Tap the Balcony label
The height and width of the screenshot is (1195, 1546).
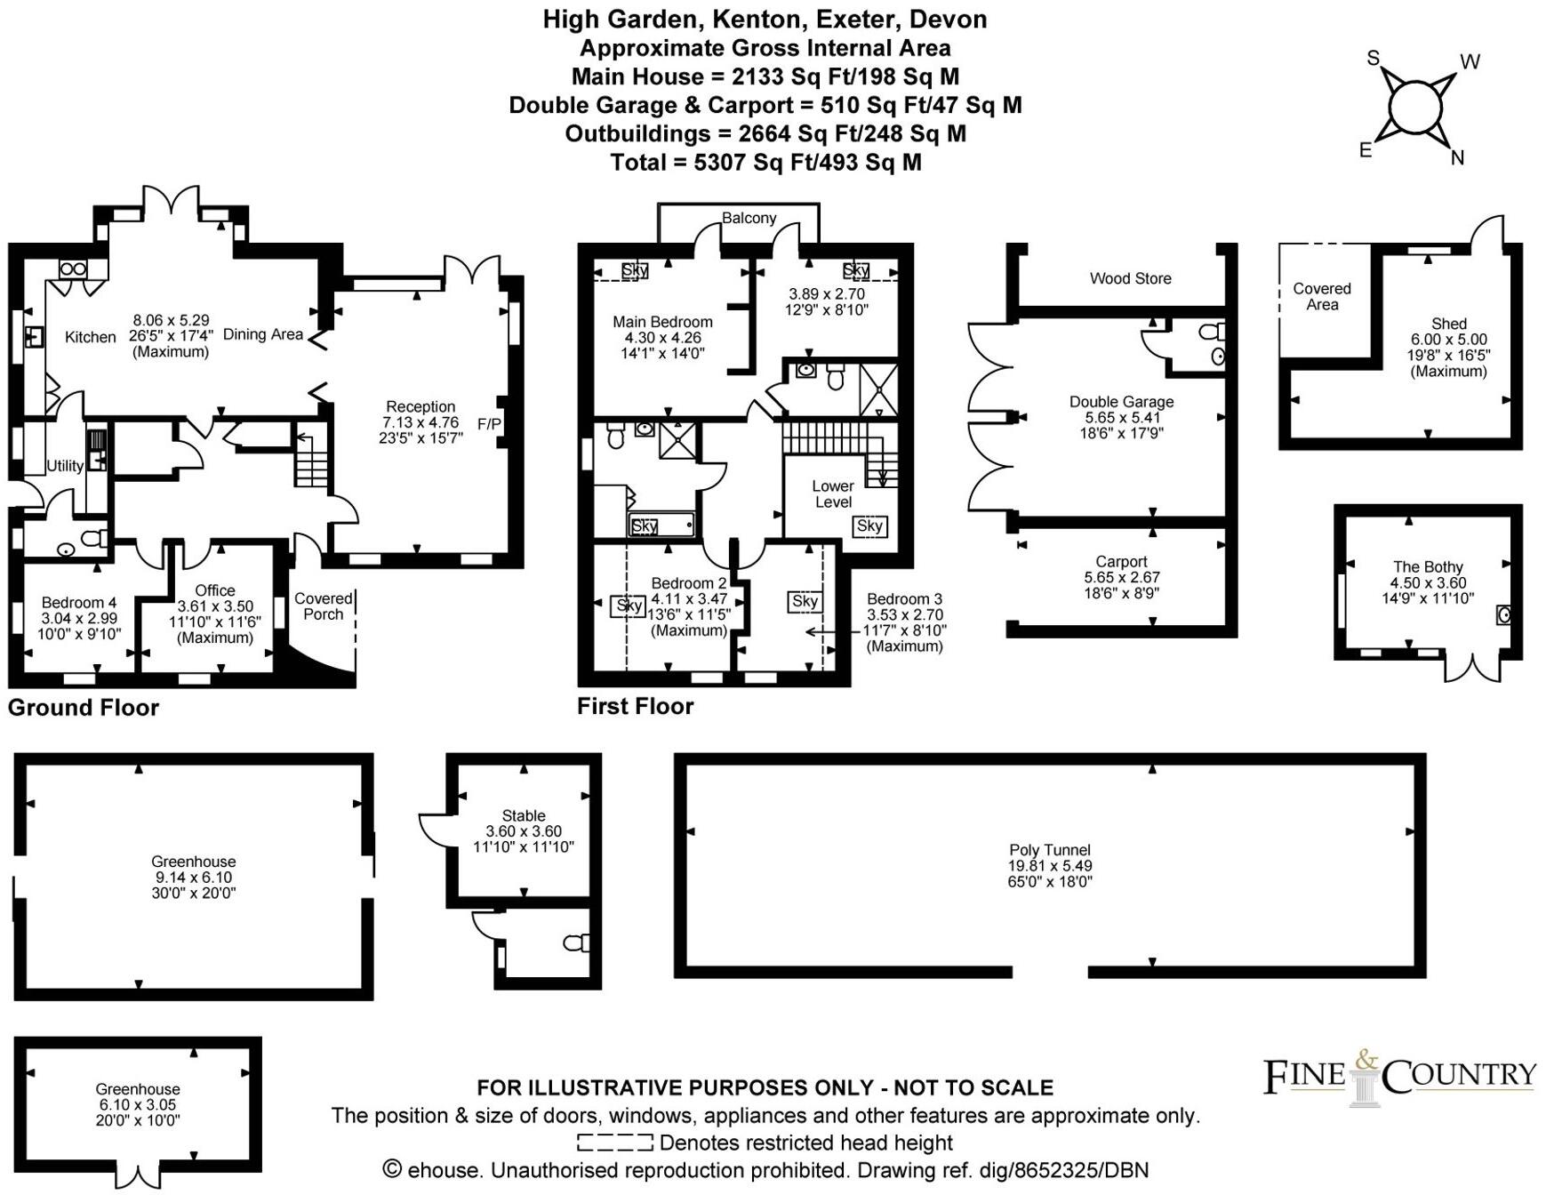click(749, 218)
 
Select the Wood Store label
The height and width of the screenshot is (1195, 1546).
click(1130, 278)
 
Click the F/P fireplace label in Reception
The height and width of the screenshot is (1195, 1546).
click(489, 424)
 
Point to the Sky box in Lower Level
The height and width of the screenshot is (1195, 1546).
click(869, 525)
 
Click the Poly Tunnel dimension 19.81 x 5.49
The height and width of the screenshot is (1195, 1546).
click(1049, 865)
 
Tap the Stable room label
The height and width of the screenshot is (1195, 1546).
click(524, 815)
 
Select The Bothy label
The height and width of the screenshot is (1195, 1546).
click(1427, 566)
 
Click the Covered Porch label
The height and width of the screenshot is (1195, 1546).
click(323, 606)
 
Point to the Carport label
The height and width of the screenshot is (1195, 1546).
click(1121, 561)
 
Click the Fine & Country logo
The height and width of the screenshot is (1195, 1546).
click(1398, 1078)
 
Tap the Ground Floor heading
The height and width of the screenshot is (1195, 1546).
click(84, 708)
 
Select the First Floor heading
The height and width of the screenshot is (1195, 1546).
click(635, 706)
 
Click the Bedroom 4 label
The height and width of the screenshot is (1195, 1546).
click(78, 603)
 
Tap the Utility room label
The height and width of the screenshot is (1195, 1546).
click(65, 465)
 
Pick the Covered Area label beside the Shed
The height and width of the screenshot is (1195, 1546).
click(1321, 296)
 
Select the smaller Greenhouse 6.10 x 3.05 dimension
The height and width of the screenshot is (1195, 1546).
click(138, 1104)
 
